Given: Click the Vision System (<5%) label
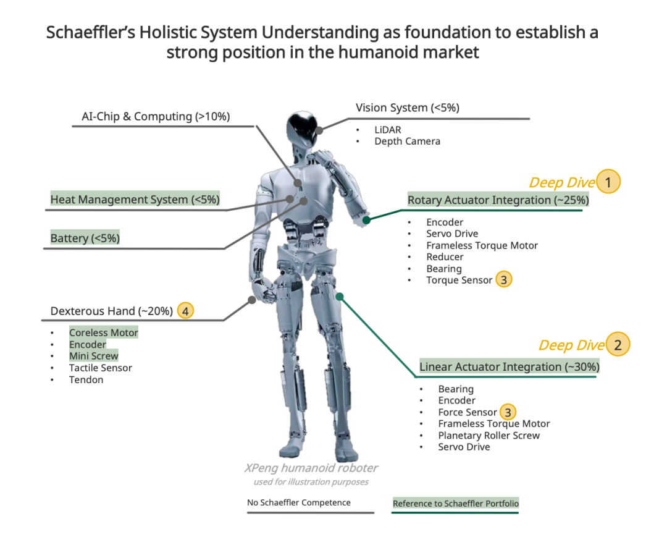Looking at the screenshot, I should pos(407,108).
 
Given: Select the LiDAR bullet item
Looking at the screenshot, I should pos(387,130).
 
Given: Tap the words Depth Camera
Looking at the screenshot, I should pos(407,142).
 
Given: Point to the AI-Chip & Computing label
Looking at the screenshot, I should pos(156,116).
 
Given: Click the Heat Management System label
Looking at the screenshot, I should pos(135,200).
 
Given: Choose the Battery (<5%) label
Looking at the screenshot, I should pos(85,238).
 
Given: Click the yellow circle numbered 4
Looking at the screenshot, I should pos(185,311).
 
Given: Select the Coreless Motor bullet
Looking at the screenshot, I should pos(103,332).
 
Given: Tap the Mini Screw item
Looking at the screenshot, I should pos(93,356).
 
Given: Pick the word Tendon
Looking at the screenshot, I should pos(86,379).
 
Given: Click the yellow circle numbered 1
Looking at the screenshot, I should pos(609,182).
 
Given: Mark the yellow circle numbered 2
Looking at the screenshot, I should pos(618,345).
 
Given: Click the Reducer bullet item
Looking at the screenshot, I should pos(445,257).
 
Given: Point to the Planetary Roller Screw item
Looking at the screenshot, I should pos(489,436).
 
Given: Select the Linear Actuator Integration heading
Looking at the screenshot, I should pos(509,366).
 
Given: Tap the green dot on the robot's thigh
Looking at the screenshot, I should pos(339,297).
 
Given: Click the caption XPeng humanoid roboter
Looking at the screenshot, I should pos(311,468).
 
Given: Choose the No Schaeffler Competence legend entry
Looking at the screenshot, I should pos(298,502).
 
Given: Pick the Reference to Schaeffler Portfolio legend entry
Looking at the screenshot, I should pos(456,504).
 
